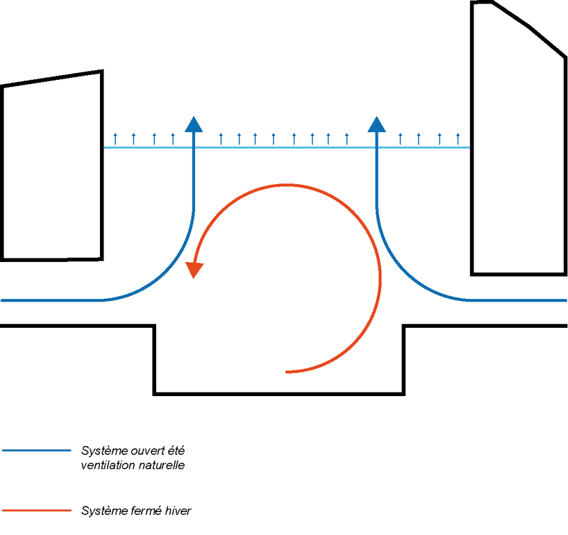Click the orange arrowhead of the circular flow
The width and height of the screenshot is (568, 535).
pos(194,270)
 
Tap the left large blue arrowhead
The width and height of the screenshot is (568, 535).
pos(194,124)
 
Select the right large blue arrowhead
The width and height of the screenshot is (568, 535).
pos(377,124)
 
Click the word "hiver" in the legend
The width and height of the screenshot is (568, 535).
pos(178,511)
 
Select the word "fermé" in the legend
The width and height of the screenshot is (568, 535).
pos(147,511)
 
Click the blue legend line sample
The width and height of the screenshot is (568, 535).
pos(37,450)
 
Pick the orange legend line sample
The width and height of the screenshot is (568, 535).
pos(37,511)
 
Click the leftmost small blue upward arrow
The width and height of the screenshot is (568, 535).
pos(116,138)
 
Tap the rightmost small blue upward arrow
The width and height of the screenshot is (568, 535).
pos(458,138)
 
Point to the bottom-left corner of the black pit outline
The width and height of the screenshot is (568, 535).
pos(154,394)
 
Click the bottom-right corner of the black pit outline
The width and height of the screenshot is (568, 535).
pos(404,394)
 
